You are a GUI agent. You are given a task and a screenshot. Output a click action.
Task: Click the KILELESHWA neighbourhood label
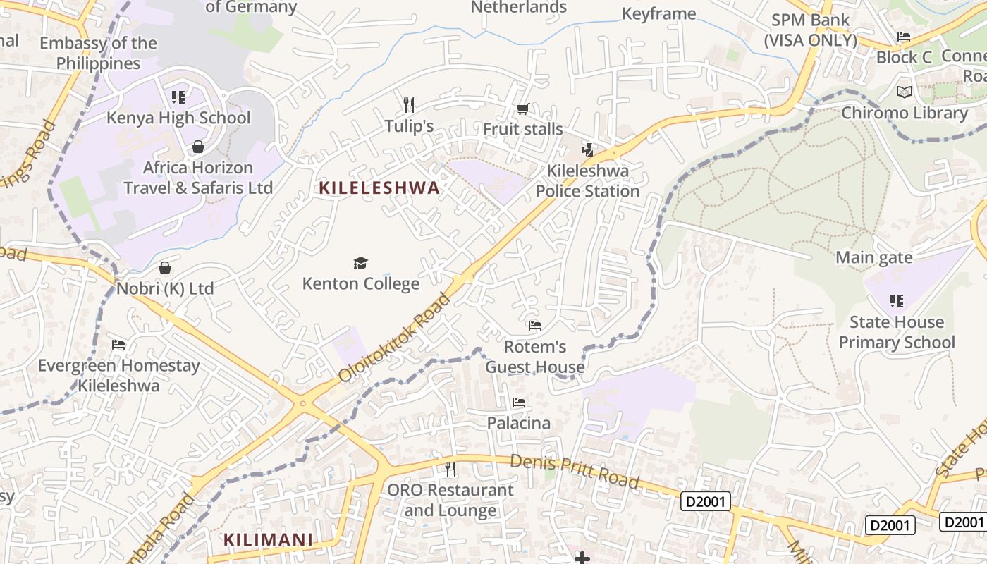tap(379, 188)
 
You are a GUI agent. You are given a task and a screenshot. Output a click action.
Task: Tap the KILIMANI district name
tap(268, 540)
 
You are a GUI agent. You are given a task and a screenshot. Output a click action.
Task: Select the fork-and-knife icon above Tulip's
tap(409, 105)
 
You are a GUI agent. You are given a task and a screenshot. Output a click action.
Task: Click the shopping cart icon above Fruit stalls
tap(522, 109)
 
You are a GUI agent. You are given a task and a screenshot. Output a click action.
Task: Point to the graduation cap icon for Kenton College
tap(360, 263)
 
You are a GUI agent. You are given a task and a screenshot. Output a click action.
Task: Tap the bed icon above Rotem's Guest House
tap(535, 325)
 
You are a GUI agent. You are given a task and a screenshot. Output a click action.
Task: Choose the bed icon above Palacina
tap(519, 403)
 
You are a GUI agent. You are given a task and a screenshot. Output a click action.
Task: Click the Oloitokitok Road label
tap(395, 338)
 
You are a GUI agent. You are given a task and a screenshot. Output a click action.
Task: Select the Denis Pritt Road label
tap(575, 472)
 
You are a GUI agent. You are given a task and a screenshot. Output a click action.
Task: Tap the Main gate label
tap(873, 257)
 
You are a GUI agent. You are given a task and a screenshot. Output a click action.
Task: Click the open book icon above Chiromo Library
tap(904, 92)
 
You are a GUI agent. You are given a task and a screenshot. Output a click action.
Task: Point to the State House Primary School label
tap(896, 332)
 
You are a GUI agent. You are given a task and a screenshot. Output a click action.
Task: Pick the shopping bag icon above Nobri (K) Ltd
tap(165, 268)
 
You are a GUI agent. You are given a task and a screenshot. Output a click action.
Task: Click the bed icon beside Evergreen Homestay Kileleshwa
tap(118, 345)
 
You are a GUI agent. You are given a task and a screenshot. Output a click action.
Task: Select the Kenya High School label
tap(178, 118)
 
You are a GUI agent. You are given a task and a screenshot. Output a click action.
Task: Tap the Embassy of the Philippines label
tap(99, 53)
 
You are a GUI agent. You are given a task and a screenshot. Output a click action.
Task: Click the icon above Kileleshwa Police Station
tap(587, 149)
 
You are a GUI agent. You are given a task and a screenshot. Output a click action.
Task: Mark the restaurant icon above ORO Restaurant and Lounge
tap(450, 469)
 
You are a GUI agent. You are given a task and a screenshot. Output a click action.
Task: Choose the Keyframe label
tap(658, 13)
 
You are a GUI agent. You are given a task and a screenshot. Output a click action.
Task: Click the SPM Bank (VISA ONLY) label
tap(811, 30)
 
